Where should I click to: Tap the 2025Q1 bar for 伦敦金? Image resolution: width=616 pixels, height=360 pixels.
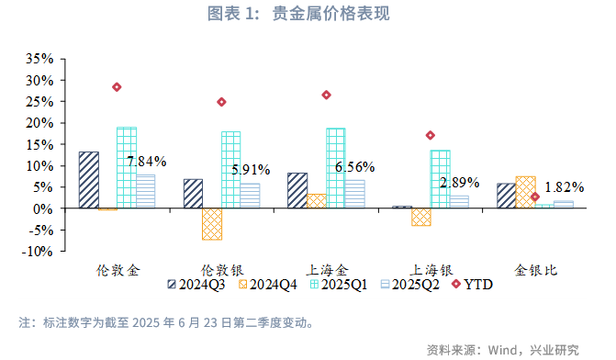point(127,167)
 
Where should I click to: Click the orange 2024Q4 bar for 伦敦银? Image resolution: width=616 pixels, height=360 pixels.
point(212,224)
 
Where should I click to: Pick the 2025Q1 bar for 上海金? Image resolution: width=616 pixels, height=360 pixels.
point(336,168)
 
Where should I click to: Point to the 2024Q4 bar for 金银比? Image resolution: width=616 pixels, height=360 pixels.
point(525,192)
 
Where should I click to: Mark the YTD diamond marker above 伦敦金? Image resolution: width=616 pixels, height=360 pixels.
point(117,87)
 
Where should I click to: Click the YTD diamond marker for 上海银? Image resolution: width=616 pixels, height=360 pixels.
point(430,135)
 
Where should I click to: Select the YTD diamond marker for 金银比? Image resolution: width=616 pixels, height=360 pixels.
point(535,197)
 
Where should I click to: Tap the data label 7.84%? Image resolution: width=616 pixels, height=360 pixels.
point(147,162)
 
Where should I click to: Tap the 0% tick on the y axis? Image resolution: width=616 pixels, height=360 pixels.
point(46,208)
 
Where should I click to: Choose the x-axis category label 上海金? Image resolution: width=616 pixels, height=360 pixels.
point(327,270)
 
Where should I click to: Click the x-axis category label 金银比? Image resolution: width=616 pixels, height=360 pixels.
point(535,270)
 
